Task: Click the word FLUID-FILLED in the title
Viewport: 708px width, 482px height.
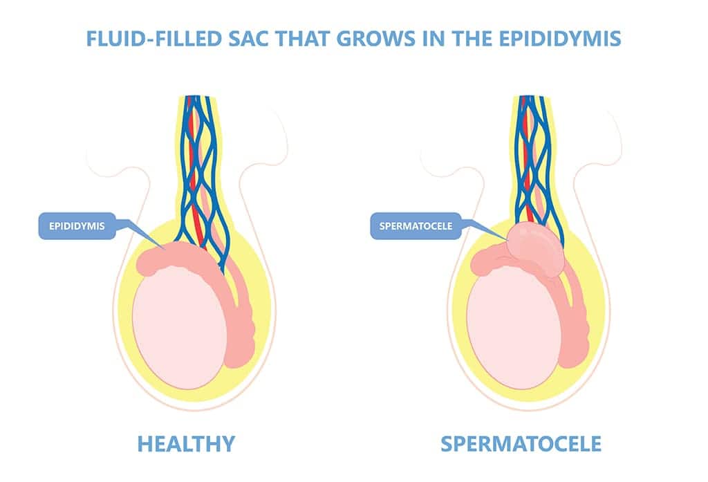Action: pyautogui.click(x=153, y=39)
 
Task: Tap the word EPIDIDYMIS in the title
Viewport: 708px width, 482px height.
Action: pyautogui.click(x=560, y=39)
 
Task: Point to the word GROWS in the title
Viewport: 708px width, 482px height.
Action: pyautogui.click(x=375, y=39)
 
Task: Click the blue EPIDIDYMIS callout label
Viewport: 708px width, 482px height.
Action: pyautogui.click(x=77, y=226)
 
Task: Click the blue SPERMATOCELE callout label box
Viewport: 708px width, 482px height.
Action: pyautogui.click(x=416, y=226)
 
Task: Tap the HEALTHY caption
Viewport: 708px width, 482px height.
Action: pyautogui.click(x=186, y=443)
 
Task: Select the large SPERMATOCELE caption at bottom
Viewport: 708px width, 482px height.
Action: pyautogui.click(x=521, y=443)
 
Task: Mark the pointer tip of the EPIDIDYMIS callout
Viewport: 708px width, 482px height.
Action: pyautogui.click(x=163, y=248)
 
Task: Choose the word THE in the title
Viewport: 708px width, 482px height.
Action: pyautogui.click(x=472, y=39)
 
